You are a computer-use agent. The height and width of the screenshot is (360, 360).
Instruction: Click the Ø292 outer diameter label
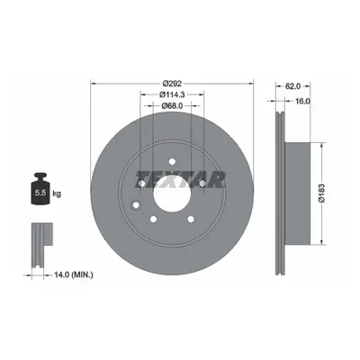point(172,84)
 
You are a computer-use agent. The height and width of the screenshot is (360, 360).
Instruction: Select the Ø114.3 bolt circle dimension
point(172,94)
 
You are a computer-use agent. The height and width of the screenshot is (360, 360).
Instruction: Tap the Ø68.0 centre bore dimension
point(172,105)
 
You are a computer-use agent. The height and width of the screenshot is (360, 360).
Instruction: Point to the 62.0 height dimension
point(292,86)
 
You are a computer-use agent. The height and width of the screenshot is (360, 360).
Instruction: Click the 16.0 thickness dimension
point(301,101)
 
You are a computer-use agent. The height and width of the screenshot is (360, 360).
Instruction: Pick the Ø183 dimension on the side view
point(322,193)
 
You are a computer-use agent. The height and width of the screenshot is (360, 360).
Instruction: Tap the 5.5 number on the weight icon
point(40,193)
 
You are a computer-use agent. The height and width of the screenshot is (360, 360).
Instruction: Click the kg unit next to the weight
point(57,193)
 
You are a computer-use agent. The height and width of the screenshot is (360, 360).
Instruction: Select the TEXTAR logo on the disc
point(180,179)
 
